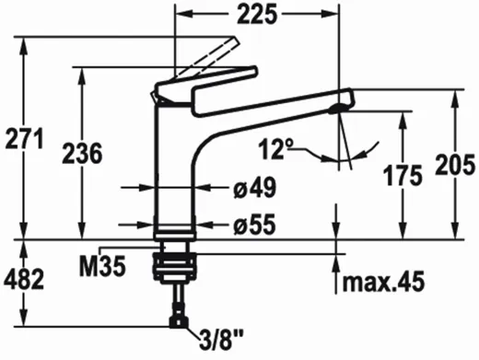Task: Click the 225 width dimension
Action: point(257,14)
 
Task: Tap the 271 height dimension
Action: point(25,139)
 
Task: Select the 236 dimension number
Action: point(82,153)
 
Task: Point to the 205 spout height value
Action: point(455,165)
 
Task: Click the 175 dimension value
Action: point(403,176)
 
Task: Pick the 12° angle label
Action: point(275,149)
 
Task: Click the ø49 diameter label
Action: point(254,188)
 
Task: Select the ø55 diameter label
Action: point(254,225)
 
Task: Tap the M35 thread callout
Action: point(103,266)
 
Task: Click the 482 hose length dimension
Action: point(24,280)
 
